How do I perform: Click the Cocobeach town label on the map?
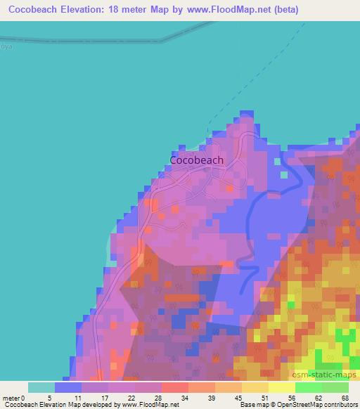tap(197, 160)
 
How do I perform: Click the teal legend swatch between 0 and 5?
tap(41, 387)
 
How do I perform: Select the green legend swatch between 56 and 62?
tap(309, 387)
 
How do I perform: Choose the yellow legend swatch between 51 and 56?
tap(282, 387)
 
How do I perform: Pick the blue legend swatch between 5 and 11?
tap(68, 387)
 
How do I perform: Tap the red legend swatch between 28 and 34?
tap(175, 387)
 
